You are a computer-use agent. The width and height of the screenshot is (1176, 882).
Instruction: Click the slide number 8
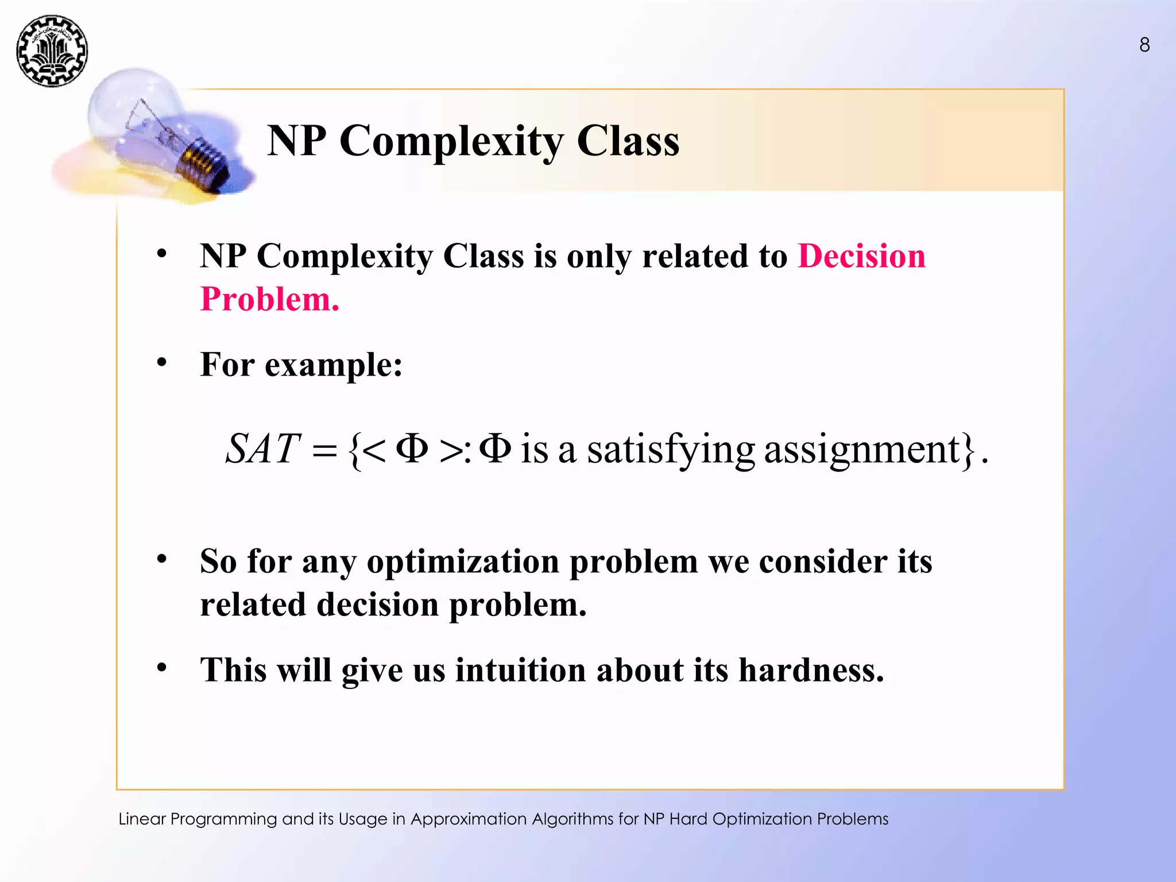click(1144, 45)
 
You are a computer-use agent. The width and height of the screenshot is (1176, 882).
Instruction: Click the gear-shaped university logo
click(52, 51)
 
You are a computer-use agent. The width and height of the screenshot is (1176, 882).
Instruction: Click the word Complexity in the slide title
click(451, 141)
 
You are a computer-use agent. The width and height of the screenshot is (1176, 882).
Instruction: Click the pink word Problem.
click(269, 299)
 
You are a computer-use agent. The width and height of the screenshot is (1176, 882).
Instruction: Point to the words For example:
click(301, 365)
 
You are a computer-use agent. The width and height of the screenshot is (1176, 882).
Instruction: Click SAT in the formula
click(262, 448)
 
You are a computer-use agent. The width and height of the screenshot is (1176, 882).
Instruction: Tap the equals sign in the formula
click(324, 451)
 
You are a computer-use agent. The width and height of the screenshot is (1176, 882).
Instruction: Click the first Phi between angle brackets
click(412, 448)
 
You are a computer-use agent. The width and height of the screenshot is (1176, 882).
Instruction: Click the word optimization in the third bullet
click(463, 561)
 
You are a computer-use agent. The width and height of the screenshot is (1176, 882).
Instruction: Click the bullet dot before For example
click(162, 362)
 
